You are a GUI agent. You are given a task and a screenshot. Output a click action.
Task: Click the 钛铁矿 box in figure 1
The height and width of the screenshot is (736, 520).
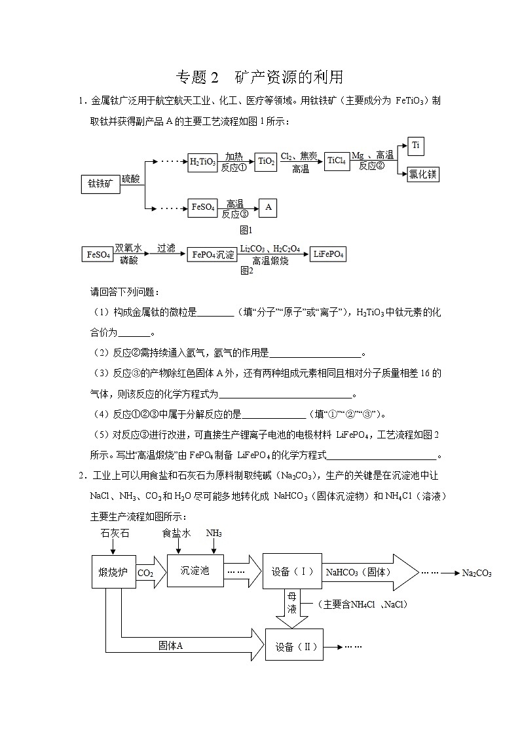coord(100,184)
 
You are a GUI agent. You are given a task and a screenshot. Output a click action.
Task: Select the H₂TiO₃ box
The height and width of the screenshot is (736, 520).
coord(202,162)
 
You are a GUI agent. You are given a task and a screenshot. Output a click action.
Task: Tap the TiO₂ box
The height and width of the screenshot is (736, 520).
coord(266,162)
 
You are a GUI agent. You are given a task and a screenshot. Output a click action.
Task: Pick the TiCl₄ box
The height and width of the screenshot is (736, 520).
coord(337,161)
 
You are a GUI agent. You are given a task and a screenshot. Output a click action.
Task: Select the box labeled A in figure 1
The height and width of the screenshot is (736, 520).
coord(268,208)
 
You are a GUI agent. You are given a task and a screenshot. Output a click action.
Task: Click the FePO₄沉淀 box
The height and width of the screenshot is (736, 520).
coord(211,254)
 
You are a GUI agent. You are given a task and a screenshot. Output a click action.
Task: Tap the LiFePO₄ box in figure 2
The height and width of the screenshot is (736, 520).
coord(329,254)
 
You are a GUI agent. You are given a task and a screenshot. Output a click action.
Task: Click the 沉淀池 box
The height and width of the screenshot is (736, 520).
coord(195,570)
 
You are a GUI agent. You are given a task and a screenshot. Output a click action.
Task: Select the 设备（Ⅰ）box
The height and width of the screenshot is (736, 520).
coord(292,571)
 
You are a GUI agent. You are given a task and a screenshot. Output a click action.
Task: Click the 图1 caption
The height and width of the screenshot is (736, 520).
coord(246,230)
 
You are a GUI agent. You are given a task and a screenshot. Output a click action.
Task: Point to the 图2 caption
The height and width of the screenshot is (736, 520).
coord(246,269)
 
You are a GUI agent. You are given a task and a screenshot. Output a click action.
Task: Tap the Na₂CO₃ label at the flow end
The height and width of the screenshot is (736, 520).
coord(476,573)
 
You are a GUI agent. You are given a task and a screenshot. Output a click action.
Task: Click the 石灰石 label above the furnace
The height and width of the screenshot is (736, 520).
coord(115,533)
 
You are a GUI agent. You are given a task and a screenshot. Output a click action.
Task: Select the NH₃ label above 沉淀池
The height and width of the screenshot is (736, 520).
coord(214,533)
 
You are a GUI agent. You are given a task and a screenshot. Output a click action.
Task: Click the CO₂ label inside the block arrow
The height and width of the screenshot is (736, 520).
coord(145,573)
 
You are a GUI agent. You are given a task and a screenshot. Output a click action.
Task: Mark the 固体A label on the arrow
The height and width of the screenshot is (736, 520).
coord(171,646)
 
